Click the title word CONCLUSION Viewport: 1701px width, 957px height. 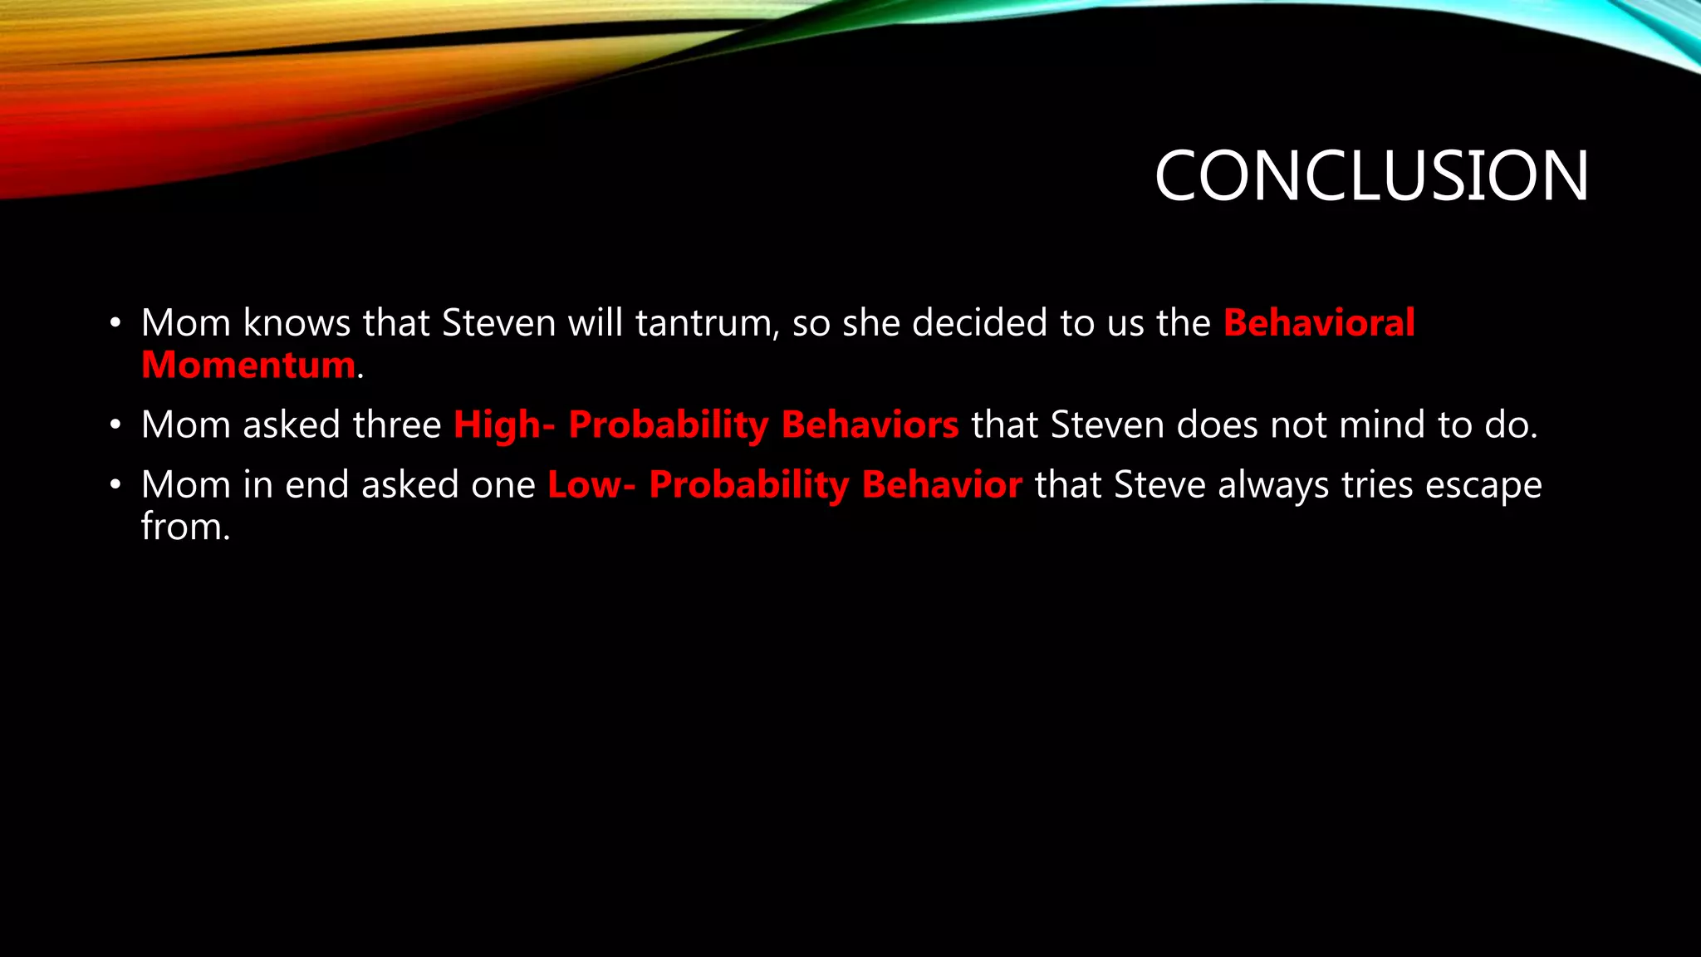pos(1371,176)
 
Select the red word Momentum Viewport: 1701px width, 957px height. pos(248,366)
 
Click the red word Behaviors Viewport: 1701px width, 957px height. pos(870,425)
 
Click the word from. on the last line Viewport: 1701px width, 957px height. pos(185,527)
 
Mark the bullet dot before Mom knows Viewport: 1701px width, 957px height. pos(115,323)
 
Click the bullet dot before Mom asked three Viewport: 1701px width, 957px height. pos(115,425)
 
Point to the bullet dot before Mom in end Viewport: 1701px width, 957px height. pos(115,485)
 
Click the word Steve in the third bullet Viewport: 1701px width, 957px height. pos(1159,485)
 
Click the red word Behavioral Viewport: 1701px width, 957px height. pos(1319,323)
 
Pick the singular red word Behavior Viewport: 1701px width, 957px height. pos(942,485)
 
